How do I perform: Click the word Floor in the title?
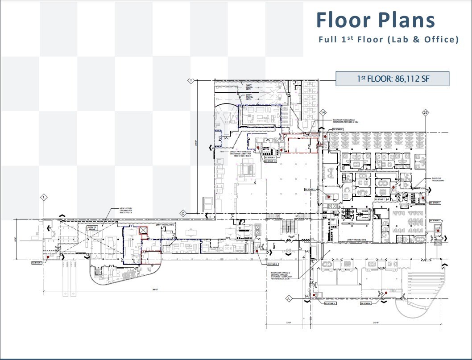344,21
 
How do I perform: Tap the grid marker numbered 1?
44,197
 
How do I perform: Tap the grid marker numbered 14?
323,113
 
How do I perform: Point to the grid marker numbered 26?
425,113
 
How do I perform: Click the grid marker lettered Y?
190,81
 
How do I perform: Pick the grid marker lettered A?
288,298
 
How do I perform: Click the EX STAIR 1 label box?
37,263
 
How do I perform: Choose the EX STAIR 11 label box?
310,189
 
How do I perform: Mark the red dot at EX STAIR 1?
48,257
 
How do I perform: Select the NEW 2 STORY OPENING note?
126,211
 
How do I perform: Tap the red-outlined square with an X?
143,230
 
